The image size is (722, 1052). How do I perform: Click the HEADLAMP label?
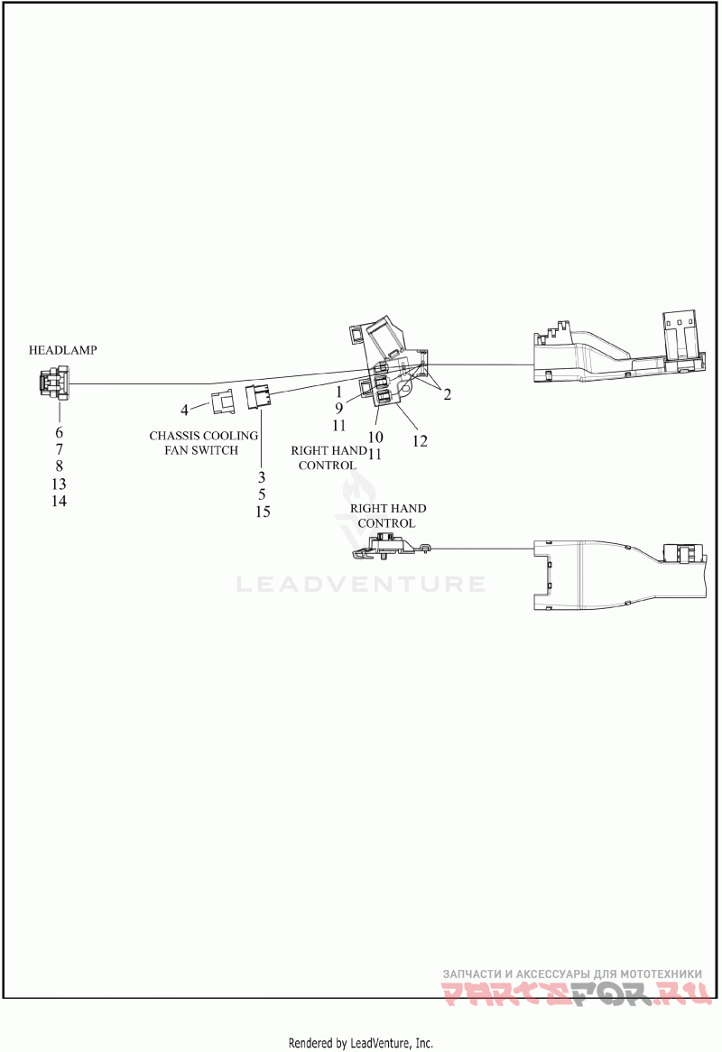click(x=62, y=350)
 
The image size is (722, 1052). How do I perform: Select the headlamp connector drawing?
click(x=53, y=383)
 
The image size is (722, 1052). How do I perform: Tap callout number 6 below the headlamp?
click(x=59, y=433)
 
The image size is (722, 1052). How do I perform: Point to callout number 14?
click(x=59, y=501)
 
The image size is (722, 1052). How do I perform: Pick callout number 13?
click(x=59, y=484)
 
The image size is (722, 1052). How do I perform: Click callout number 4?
click(x=184, y=410)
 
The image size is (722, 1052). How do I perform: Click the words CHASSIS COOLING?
click(x=203, y=436)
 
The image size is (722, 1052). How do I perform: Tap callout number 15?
click(x=263, y=512)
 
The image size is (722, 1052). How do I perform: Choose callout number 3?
click(x=262, y=477)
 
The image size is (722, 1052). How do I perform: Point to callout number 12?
click(x=420, y=441)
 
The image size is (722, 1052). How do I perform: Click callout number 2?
click(x=447, y=394)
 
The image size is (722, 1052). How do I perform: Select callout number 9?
click(x=338, y=408)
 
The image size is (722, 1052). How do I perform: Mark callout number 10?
click(x=375, y=438)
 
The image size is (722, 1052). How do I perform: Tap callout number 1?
click(x=338, y=392)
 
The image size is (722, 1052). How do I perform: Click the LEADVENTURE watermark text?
click(x=361, y=585)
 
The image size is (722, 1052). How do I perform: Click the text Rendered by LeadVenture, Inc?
click(x=361, y=1043)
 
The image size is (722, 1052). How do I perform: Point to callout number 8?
click(x=59, y=466)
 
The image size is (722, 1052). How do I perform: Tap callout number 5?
click(x=262, y=494)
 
